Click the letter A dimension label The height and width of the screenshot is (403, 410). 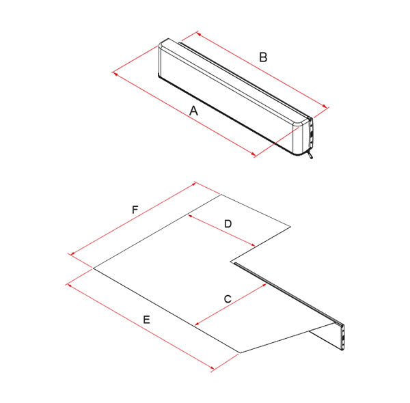193,111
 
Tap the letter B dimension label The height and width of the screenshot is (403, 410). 263,57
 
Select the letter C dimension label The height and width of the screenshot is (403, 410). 228,298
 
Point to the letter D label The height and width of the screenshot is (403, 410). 228,224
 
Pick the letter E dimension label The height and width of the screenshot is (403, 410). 146,320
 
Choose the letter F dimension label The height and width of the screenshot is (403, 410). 135,210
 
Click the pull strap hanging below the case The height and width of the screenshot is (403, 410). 310,154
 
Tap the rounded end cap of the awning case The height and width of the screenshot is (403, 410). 299,139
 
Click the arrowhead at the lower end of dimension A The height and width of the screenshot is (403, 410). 253,154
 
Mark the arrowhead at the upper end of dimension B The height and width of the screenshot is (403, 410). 199,34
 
